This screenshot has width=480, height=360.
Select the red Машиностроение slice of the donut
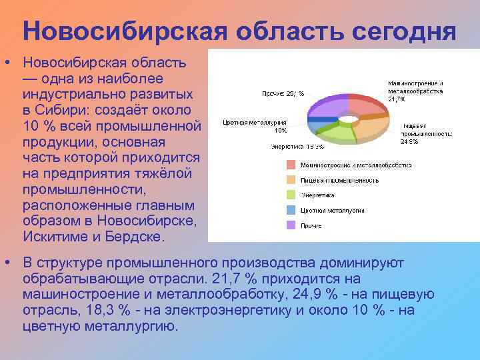coord(368,107)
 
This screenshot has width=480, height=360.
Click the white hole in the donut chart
coord(348,119)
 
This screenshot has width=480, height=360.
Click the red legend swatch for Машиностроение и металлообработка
coord(291,165)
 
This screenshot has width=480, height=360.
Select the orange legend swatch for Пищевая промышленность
coord(291,180)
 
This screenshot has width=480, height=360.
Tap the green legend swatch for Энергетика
coord(291,195)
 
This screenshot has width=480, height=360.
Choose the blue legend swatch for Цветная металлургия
coord(291,210)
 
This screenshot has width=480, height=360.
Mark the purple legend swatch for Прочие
coord(291,225)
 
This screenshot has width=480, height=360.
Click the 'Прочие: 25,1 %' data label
coord(283,94)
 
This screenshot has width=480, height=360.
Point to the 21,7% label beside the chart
coord(397,99)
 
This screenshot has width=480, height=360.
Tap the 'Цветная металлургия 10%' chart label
coord(255,126)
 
